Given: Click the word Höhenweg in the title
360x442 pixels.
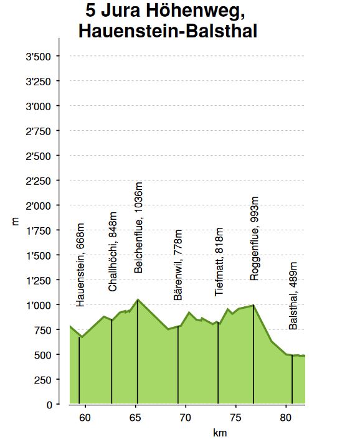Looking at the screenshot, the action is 195,12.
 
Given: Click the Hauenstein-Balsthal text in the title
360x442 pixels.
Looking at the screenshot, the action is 168,31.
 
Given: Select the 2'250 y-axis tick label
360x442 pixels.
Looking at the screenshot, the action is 38,181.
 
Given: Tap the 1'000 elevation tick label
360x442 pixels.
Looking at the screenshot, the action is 38,305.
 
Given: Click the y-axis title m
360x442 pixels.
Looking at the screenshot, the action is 16,221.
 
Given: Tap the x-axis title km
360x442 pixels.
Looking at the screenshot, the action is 220,433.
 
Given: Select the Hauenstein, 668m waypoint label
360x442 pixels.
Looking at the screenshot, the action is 80,265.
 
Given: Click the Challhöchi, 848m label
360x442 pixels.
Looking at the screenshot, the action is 112,252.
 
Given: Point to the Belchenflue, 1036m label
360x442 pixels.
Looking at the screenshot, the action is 138,228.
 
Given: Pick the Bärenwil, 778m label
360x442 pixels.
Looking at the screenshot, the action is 178,265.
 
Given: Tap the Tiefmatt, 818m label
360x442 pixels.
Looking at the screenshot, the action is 219,262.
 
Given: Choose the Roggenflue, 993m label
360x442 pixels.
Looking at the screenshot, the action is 254,238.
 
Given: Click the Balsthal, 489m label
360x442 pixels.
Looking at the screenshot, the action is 293,296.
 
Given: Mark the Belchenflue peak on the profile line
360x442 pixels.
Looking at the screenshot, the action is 138,299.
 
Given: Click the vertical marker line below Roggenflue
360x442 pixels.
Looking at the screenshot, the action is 253,354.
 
